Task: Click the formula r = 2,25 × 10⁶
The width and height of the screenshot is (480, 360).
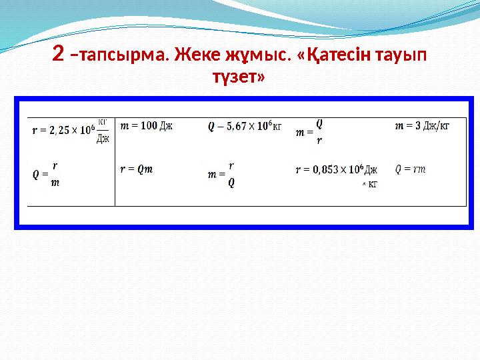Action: coord(63,131)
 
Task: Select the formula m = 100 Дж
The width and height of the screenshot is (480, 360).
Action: coord(146,126)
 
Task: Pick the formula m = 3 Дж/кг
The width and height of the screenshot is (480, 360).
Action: coord(422,126)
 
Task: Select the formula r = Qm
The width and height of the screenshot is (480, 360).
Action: coord(137,169)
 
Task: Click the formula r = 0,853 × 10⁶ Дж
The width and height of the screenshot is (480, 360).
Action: coord(336,170)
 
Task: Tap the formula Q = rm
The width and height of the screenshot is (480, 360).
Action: coord(411,169)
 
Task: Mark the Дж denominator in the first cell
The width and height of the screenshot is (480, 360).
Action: coord(103,139)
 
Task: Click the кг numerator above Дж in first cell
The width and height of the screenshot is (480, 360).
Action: coord(103,123)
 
